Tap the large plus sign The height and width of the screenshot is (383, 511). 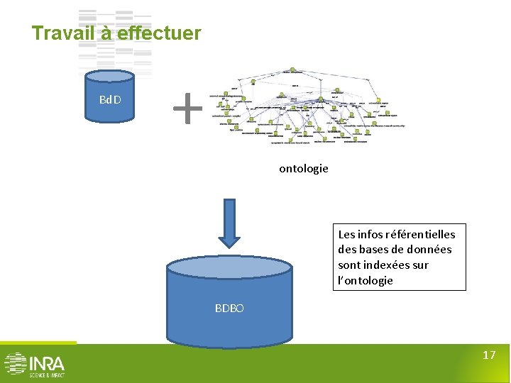click(188, 109)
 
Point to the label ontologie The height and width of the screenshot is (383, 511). click(303, 168)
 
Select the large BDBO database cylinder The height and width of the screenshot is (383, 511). click(229, 312)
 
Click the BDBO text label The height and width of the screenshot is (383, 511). click(229, 309)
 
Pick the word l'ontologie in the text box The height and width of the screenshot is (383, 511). click(366, 280)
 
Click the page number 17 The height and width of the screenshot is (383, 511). click(488, 355)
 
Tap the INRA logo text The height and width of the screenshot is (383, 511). click(47, 363)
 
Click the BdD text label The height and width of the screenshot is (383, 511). click(110, 99)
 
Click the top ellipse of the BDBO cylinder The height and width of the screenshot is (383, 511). click(229, 267)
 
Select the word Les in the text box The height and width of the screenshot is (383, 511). click(346, 234)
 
